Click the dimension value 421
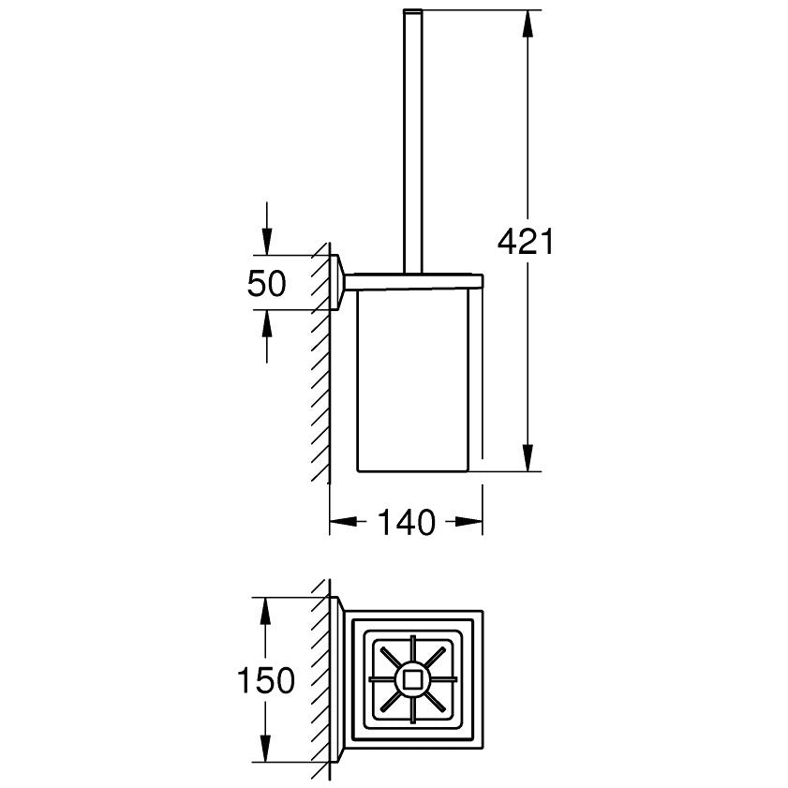(x=525, y=242)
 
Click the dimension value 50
(x=266, y=283)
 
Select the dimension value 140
(x=406, y=522)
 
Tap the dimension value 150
(x=265, y=680)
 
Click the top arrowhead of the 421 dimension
(x=528, y=23)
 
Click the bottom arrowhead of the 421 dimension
(x=528, y=458)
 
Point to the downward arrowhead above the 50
(x=267, y=242)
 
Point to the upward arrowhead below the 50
(x=267, y=323)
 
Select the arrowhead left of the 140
(x=343, y=522)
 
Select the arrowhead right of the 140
(x=468, y=522)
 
